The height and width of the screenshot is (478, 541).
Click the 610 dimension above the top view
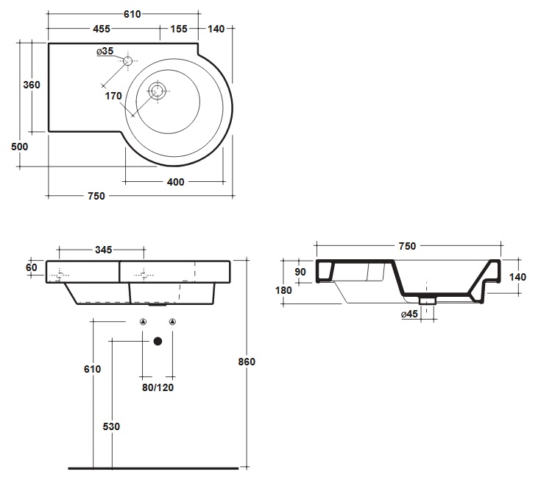[132, 14]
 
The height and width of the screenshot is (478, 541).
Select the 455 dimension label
[102, 29]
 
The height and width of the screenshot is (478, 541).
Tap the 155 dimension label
[179, 29]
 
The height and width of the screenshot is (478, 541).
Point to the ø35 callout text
[105, 51]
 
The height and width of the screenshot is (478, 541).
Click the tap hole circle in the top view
[127, 61]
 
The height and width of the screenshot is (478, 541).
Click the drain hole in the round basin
[157, 91]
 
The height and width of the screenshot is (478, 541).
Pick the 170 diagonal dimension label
[113, 96]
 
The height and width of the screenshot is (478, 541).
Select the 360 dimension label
[32, 85]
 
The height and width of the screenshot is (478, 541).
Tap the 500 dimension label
[19, 147]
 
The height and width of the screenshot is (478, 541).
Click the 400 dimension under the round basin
[175, 182]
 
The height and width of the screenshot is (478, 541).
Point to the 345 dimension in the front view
[104, 250]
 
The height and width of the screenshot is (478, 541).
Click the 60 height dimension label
[31, 267]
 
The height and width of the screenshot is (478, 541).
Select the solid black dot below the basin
[158, 341]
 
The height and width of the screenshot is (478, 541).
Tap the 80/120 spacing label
[158, 387]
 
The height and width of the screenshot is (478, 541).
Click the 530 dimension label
[111, 426]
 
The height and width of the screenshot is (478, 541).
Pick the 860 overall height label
[247, 362]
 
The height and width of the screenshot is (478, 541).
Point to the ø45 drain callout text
[409, 314]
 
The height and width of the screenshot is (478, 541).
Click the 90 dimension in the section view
[300, 272]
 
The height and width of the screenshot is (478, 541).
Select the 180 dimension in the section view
[283, 290]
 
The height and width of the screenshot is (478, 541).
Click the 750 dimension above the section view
[407, 246]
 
